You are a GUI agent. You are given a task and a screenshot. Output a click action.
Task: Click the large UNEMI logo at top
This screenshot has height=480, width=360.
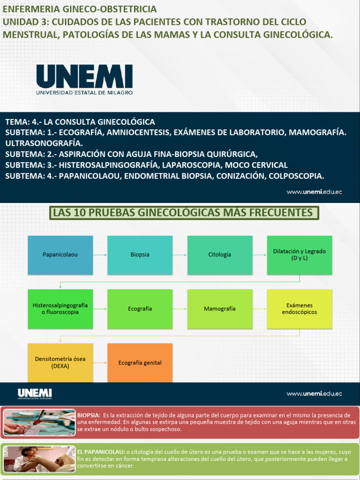84,79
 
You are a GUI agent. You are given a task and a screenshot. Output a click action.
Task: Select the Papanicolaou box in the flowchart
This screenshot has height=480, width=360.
60,255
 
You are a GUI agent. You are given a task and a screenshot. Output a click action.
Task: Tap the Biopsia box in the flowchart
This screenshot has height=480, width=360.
140,255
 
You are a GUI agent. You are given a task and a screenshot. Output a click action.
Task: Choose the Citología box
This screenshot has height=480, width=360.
219,255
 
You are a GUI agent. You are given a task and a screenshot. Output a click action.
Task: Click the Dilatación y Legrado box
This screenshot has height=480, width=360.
299,255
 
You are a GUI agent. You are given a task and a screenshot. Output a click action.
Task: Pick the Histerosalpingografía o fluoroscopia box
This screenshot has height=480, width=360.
60,309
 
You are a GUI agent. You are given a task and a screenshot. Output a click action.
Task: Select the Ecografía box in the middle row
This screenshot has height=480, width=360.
140,309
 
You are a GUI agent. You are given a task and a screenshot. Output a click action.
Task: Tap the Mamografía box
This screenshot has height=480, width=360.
219,309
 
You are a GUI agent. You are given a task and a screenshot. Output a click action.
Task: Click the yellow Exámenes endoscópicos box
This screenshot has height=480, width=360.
299,309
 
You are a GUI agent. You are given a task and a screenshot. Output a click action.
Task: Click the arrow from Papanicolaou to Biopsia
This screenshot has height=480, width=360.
100,255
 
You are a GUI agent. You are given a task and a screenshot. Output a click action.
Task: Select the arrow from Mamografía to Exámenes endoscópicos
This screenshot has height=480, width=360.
259,309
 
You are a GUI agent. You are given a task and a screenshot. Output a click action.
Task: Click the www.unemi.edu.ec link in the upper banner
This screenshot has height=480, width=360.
314,192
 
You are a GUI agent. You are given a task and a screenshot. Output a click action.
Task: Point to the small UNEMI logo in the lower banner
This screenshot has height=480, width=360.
35,394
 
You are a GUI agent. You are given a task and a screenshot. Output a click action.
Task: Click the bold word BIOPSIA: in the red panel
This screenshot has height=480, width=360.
89,415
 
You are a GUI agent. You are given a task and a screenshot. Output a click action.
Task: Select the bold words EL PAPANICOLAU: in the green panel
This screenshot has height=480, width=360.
101,451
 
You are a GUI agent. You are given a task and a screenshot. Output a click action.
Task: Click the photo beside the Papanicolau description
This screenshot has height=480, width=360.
39,458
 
